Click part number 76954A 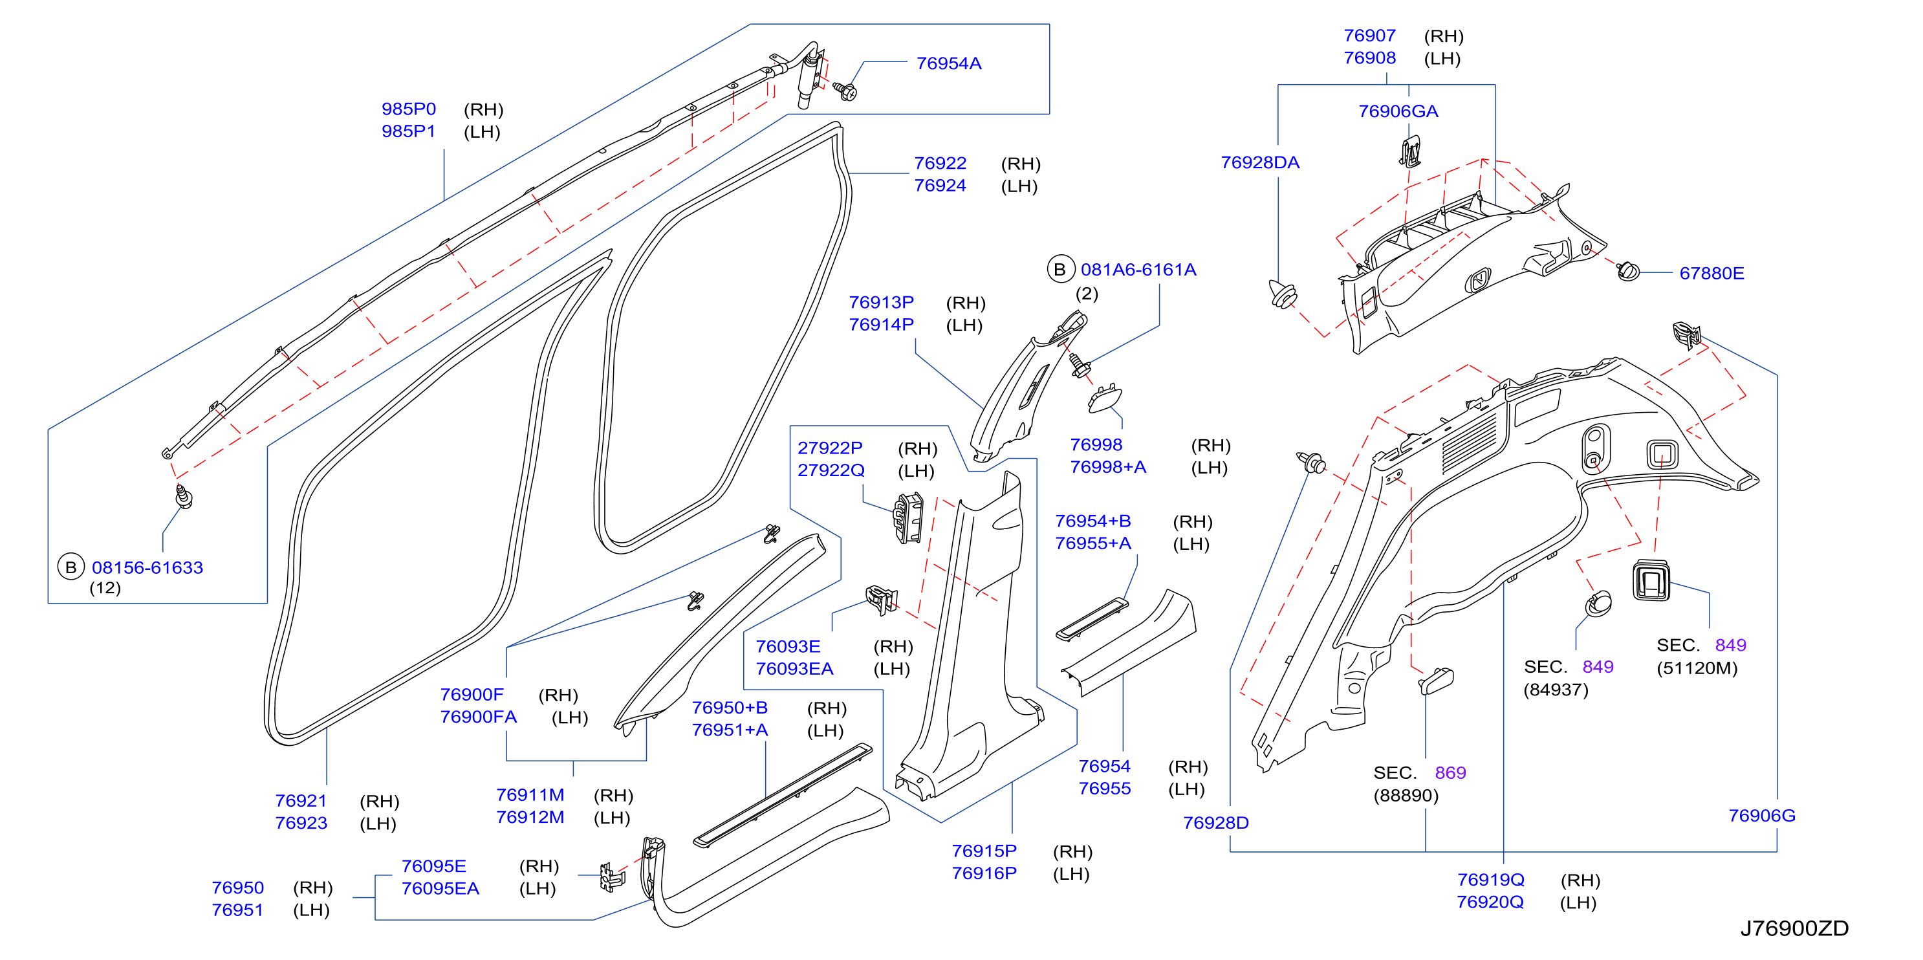(948, 63)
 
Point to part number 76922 (940, 163)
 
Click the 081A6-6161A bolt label (1138, 270)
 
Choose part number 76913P (881, 302)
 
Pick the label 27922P (829, 448)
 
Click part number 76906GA (1398, 111)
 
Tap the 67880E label (1711, 273)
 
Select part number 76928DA (1259, 163)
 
